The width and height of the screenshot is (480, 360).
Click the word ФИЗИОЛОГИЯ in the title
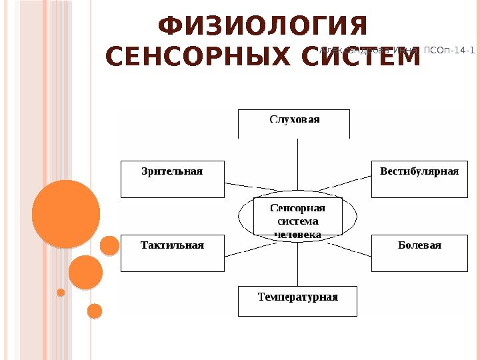click(263, 28)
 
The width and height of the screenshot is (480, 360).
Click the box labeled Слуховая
click(294, 123)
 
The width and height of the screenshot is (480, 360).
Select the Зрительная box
click(173, 179)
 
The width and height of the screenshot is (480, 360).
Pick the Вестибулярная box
click(419, 179)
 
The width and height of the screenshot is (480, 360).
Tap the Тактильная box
click(173, 253)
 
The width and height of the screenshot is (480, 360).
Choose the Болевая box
click(419, 253)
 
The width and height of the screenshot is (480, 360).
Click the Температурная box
click(297, 301)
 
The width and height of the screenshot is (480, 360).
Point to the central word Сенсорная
click(297, 208)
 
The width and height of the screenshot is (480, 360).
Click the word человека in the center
click(297, 235)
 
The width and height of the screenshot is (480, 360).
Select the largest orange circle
click(65, 214)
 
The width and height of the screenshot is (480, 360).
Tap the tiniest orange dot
click(61, 292)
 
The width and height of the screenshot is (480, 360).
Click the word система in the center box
click(297, 221)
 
